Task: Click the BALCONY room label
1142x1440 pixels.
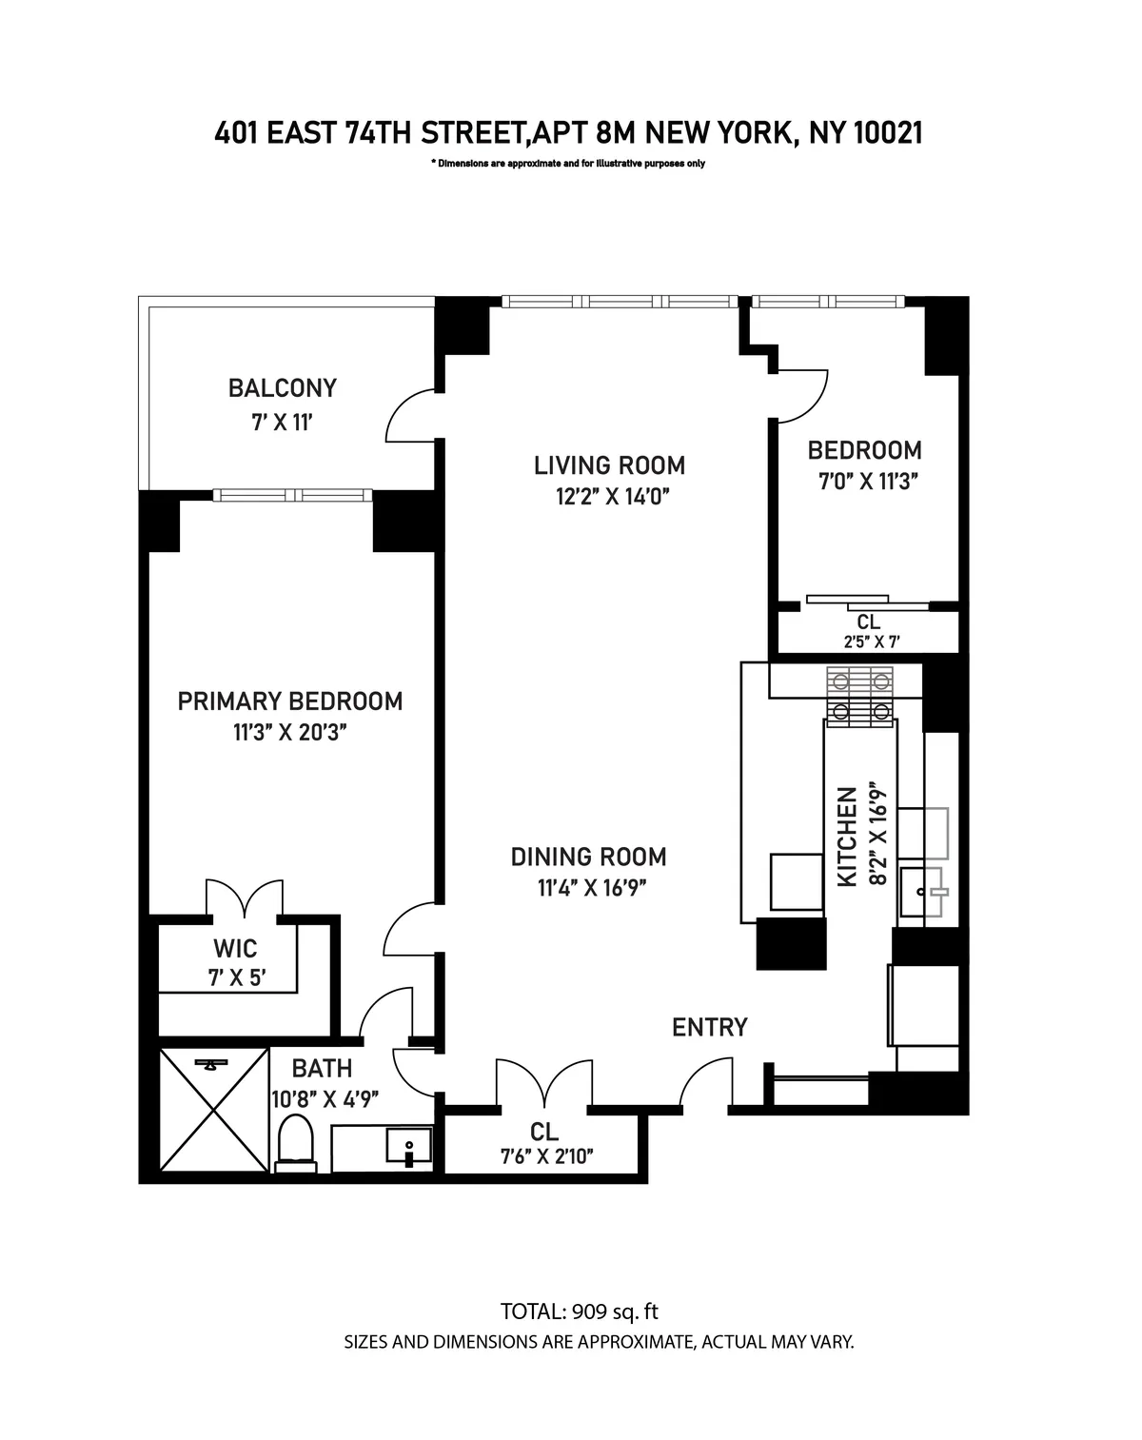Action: [x=282, y=388]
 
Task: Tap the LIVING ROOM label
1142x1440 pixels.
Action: [x=609, y=465]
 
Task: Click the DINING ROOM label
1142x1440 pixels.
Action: [x=588, y=857]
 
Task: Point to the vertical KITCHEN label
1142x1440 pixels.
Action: [x=847, y=838]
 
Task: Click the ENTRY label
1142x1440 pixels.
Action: [x=709, y=1028]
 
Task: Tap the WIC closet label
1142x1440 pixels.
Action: [x=235, y=949]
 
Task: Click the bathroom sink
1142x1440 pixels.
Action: [x=409, y=1147]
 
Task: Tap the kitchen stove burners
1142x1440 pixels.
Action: [x=860, y=696]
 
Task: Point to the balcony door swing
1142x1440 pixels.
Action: [x=411, y=417]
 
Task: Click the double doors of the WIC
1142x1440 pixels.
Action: [x=245, y=899]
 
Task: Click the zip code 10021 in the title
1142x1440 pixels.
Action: [x=887, y=133]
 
